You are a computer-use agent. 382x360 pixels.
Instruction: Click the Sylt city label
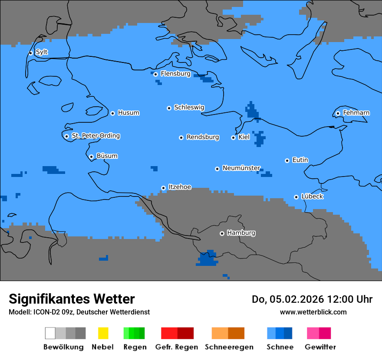tap(42, 52)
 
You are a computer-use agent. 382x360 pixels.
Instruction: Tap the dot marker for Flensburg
tap(155, 74)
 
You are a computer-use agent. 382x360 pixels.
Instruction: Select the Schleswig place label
tap(189, 107)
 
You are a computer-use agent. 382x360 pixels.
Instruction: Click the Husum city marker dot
tap(112, 113)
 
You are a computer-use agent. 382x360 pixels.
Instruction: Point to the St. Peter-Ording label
tap(95, 136)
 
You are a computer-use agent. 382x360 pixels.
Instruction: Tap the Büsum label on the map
tap(107, 156)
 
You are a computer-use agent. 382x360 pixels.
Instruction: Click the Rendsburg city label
tap(203, 137)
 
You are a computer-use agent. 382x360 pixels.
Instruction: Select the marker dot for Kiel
tap(233, 137)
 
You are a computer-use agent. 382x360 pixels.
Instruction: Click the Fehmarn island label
tap(356, 113)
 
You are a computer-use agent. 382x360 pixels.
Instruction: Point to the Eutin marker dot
tap(287, 160)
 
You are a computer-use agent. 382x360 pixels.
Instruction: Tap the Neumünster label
tap(241, 168)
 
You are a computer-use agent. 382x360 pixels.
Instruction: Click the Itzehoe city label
tap(179, 187)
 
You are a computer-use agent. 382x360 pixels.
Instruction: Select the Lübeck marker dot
tap(296, 197)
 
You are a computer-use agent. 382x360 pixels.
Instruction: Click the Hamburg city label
tap(241, 233)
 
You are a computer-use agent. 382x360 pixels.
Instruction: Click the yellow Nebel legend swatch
tap(103, 333)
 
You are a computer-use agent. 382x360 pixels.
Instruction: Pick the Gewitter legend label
tap(320, 347)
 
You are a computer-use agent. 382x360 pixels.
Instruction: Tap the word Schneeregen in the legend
tap(229, 347)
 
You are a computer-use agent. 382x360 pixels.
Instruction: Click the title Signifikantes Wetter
tap(72, 299)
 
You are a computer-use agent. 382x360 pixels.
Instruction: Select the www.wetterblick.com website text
tap(313, 312)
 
